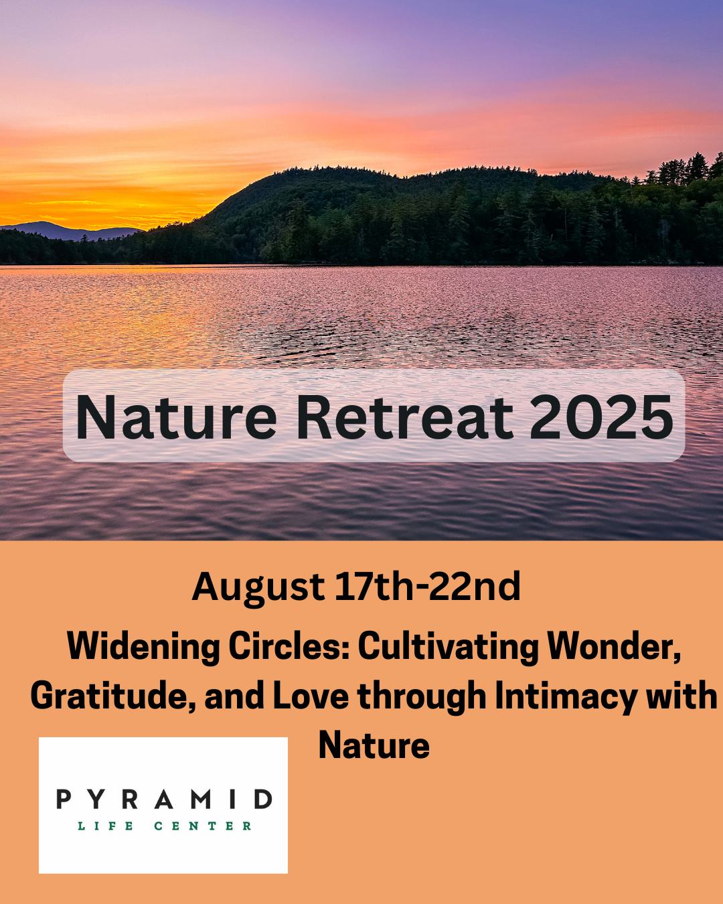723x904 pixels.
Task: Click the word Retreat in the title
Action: click(404, 417)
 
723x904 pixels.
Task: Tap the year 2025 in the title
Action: click(602, 417)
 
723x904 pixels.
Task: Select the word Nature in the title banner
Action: click(176, 417)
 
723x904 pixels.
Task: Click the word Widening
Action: click(143, 648)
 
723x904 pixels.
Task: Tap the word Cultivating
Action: click(449, 648)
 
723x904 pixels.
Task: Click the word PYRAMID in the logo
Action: click(164, 799)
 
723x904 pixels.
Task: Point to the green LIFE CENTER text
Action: click(164, 826)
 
